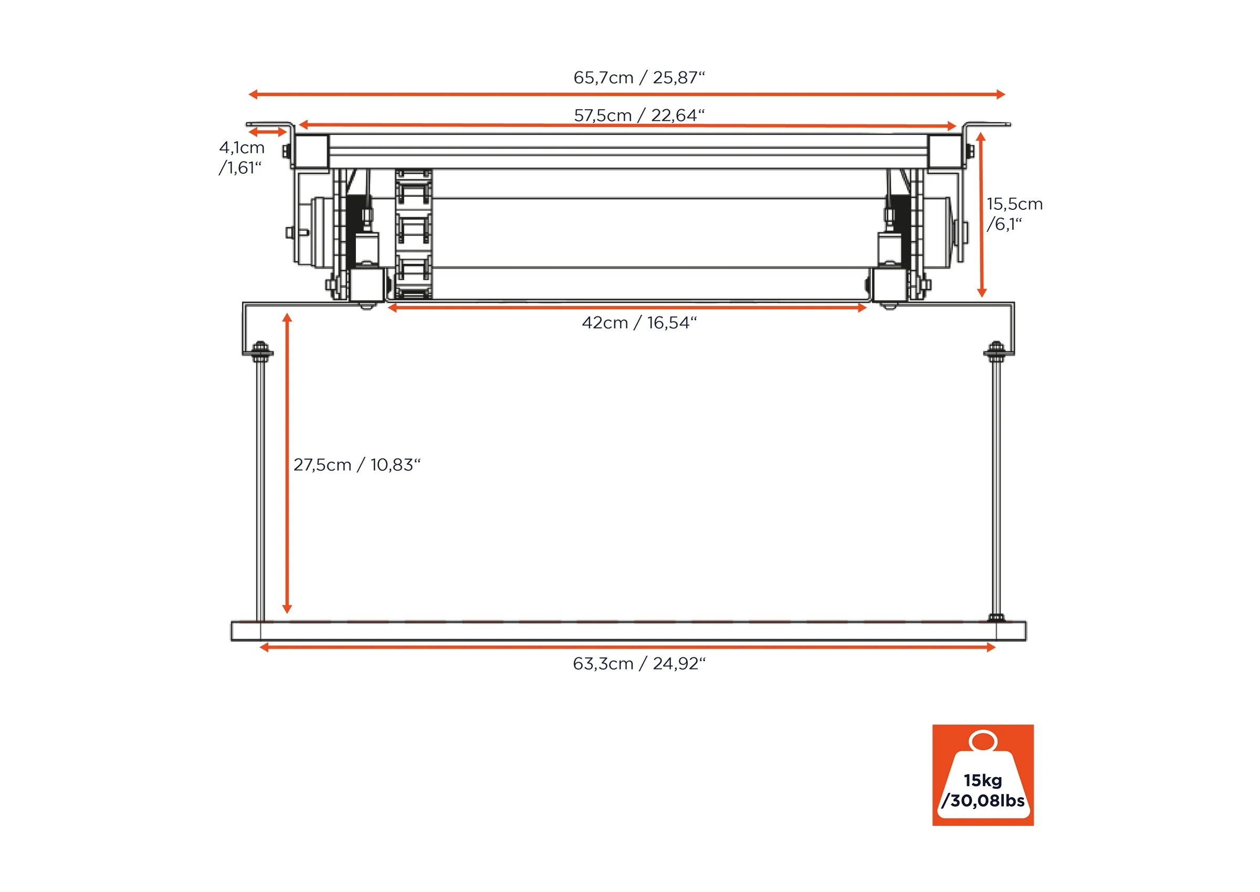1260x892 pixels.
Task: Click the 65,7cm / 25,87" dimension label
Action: pos(638,78)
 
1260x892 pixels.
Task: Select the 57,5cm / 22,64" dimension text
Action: pos(638,115)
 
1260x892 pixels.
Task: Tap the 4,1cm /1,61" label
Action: pos(241,157)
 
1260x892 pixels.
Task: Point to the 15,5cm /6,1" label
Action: pos(1014,214)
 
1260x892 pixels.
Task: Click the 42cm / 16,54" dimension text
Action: pos(638,322)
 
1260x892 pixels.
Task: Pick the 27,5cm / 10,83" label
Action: pos(356,465)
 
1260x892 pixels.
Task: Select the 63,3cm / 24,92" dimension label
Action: pos(638,664)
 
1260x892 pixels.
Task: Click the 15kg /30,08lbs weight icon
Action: pos(982,775)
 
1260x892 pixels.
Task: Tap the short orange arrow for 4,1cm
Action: pos(267,132)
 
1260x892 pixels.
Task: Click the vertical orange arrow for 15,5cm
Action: pos(981,214)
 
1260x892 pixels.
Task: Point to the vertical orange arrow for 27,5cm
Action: pos(287,463)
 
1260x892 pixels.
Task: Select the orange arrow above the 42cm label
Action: pos(627,308)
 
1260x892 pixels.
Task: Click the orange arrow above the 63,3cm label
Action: pos(627,647)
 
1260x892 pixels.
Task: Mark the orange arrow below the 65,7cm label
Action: pos(626,94)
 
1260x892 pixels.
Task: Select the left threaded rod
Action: pos(260,489)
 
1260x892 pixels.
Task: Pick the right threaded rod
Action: pos(996,489)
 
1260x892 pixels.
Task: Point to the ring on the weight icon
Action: pos(982,741)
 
